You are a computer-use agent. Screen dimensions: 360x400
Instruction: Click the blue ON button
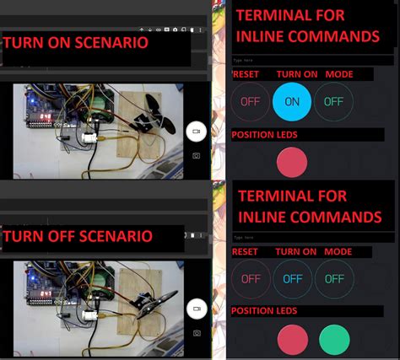(x=293, y=101)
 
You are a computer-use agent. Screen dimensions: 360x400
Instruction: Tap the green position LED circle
(x=334, y=340)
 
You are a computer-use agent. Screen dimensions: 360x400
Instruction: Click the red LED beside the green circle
(x=293, y=340)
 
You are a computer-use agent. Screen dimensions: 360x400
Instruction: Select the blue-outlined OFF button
(x=293, y=278)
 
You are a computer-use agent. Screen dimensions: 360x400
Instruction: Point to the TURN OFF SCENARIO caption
(x=78, y=235)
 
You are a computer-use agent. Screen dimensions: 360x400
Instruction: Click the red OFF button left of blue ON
(x=251, y=101)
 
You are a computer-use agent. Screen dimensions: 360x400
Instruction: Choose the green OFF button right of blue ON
(x=334, y=101)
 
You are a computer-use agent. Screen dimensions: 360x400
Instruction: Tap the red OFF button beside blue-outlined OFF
(x=251, y=278)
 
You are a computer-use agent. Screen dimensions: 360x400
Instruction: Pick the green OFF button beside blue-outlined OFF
(x=334, y=278)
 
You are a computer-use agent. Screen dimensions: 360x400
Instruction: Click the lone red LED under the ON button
(x=293, y=162)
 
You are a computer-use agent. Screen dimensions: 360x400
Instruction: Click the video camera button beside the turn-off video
(x=196, y=309)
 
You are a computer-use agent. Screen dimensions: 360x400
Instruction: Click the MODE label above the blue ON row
(x=339, y=74)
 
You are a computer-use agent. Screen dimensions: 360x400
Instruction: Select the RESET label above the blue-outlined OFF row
(x=245, y=251)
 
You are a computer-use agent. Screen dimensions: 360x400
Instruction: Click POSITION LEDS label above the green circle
(x=265, y=312)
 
